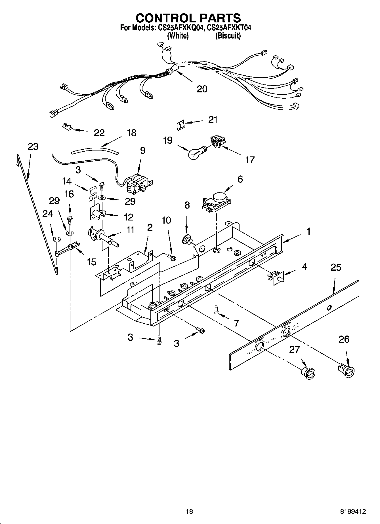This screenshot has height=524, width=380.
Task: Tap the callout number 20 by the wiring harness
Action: tap(202, 89)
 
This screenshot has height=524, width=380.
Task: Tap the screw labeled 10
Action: tap(172, 257)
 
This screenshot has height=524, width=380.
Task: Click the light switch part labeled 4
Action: tap(277, 278)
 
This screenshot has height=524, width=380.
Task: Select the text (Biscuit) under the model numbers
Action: tap(228, 36)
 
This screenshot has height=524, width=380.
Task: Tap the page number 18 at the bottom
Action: tap(189, 511)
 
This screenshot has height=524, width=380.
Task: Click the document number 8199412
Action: tap(353, 511)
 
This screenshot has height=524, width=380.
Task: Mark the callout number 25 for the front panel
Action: tap(336, 267)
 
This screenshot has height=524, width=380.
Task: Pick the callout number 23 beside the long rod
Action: tap(33, 147)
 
